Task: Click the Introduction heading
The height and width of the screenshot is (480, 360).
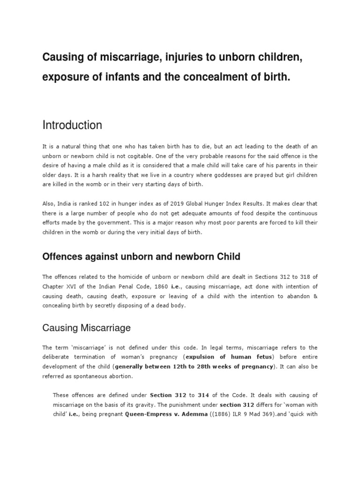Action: pyautogui.click(x=72, y=125)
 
